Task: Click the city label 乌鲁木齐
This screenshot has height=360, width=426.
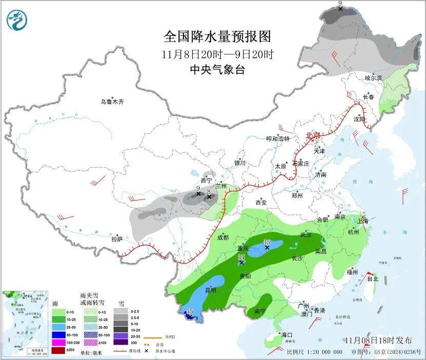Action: coord(111,102)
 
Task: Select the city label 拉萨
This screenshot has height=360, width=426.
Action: coord(117,239)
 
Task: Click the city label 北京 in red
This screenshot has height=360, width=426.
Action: coord(312,135)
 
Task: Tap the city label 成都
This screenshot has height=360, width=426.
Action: coord(222,237)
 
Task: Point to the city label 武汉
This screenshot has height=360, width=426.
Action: coord(306,235)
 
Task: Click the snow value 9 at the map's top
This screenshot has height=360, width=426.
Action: coord(340,4)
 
